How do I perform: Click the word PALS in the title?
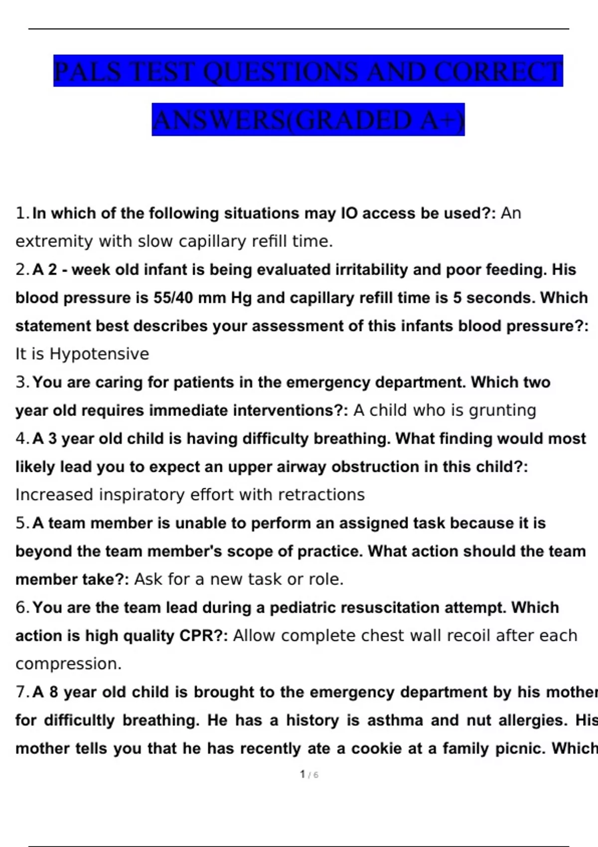tap(88, 71)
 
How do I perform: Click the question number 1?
tap(22, 213)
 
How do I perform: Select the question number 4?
tap(22, 438)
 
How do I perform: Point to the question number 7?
tap(22, 692)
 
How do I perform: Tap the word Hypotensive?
tap(99, 354)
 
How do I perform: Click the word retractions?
tap(321, 495)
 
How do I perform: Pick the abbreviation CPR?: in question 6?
tap(203, 636)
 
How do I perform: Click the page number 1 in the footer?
tap(302, 774)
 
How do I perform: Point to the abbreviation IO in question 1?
tap(349, 213)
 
